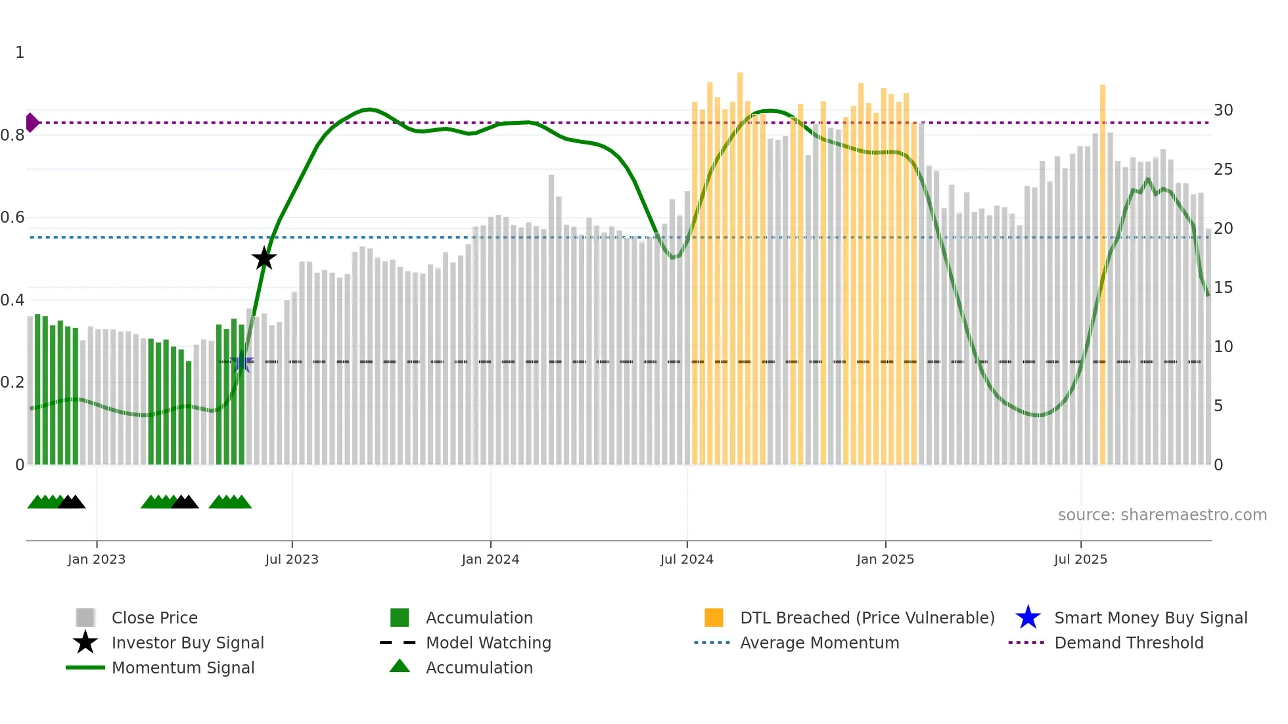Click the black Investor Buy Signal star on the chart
click(x=264, y=259)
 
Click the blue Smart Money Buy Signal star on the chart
click(x=241, y=361)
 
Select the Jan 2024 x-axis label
click(x=490, y=559)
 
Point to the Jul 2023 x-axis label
click(x=292, y=559)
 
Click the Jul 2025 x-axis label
click(x=1080, y=559)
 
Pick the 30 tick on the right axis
click(x=1223, y=110)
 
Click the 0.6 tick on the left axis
click(x=12, y=217)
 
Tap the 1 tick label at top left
click(x=20, y=53)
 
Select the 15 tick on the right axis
click(x=1223, y=288)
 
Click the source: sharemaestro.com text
click(x=1162, y=515)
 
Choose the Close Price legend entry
click(x=154, y=618)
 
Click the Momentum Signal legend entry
click(x=183, y=667)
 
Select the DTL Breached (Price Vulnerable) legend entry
click(x=867, y=618)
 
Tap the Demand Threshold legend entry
click(x=1128, y=643)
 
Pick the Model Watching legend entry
click(x=488, y=643)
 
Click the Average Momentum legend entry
click(x=819, y=643)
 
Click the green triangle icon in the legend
click(x=400, y=666)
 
